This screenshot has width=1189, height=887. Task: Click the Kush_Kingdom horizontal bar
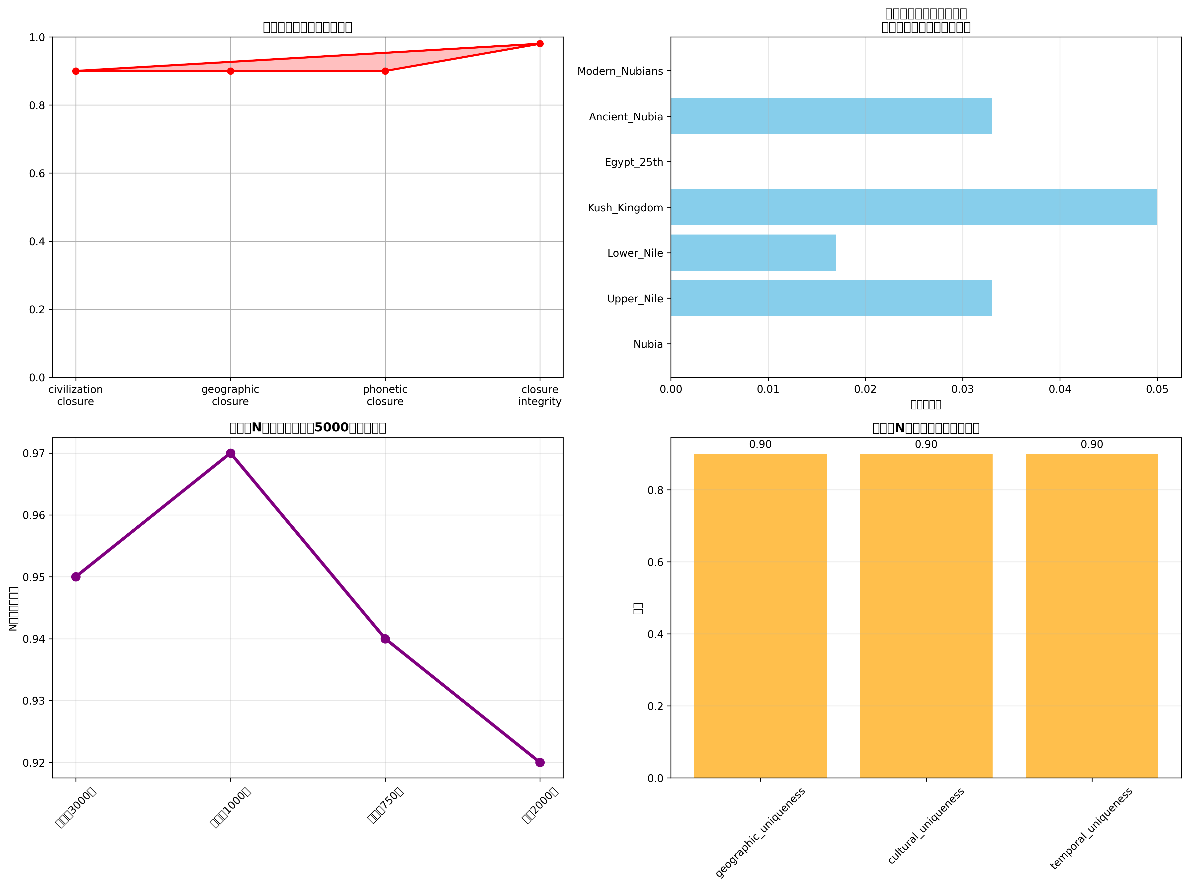(x=913, y=207)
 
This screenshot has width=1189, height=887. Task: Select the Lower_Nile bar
(x=753, y=253)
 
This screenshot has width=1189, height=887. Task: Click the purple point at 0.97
(x=230, y=453)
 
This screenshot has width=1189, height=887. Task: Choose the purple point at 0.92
(x=540, y=762)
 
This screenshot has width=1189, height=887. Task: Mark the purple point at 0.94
(x=385, y=639)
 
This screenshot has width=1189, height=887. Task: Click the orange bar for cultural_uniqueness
(x=926, y=616)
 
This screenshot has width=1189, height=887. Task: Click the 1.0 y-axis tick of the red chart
(x=37, y=38)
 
